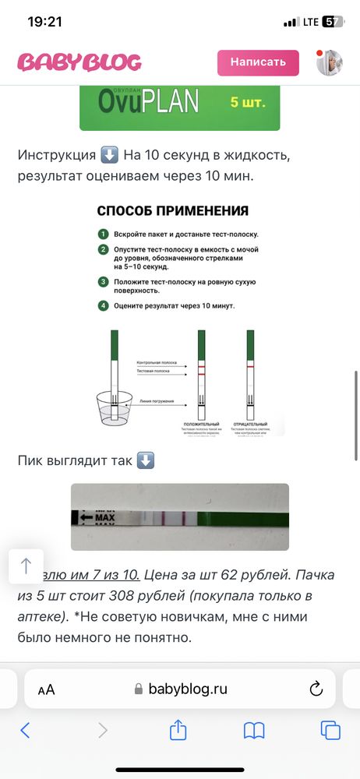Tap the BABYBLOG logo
[79, 62]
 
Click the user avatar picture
[330, 62]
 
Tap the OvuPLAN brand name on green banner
[149, 100]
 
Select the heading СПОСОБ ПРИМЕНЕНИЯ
[173, 210]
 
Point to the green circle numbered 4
[102, 305]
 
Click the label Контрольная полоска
[157, 363]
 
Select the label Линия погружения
[157, 400]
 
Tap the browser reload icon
[316, 689]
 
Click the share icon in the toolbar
[178, 730]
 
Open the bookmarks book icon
[254, 730]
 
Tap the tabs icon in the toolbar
[330, 730]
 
